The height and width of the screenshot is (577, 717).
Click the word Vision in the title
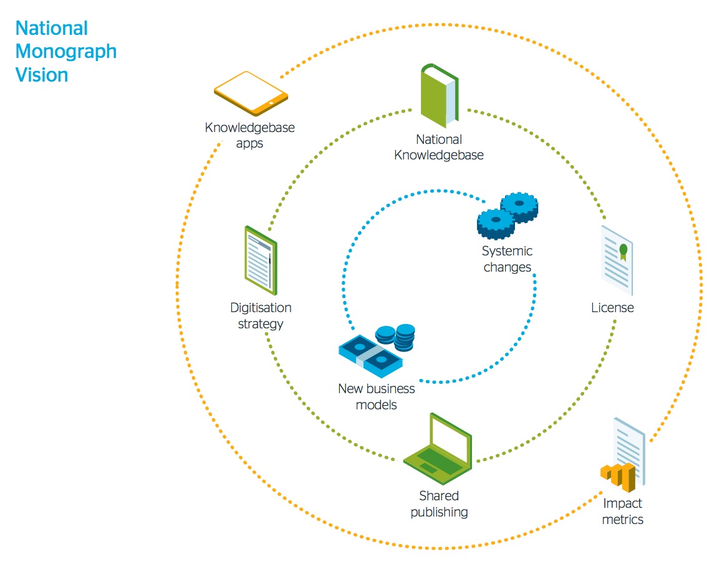[42, 75]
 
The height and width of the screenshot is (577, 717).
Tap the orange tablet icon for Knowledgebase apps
[251, 93]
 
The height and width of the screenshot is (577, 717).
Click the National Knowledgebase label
[439, 148]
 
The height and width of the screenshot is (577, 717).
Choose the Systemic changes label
[507, 259]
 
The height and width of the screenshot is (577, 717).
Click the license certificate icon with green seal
[617, 260]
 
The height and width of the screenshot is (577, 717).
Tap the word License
[612, 308]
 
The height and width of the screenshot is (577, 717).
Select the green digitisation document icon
[261, 260]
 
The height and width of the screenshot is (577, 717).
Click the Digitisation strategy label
[261, 316]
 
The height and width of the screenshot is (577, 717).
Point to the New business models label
[376, 397]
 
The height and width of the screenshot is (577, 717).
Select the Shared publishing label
[439, 504]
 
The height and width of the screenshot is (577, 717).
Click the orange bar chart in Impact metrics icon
[618, 477]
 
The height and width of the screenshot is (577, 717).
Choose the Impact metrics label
[622, 511]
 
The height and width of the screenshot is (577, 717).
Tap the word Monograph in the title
[66, 52]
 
